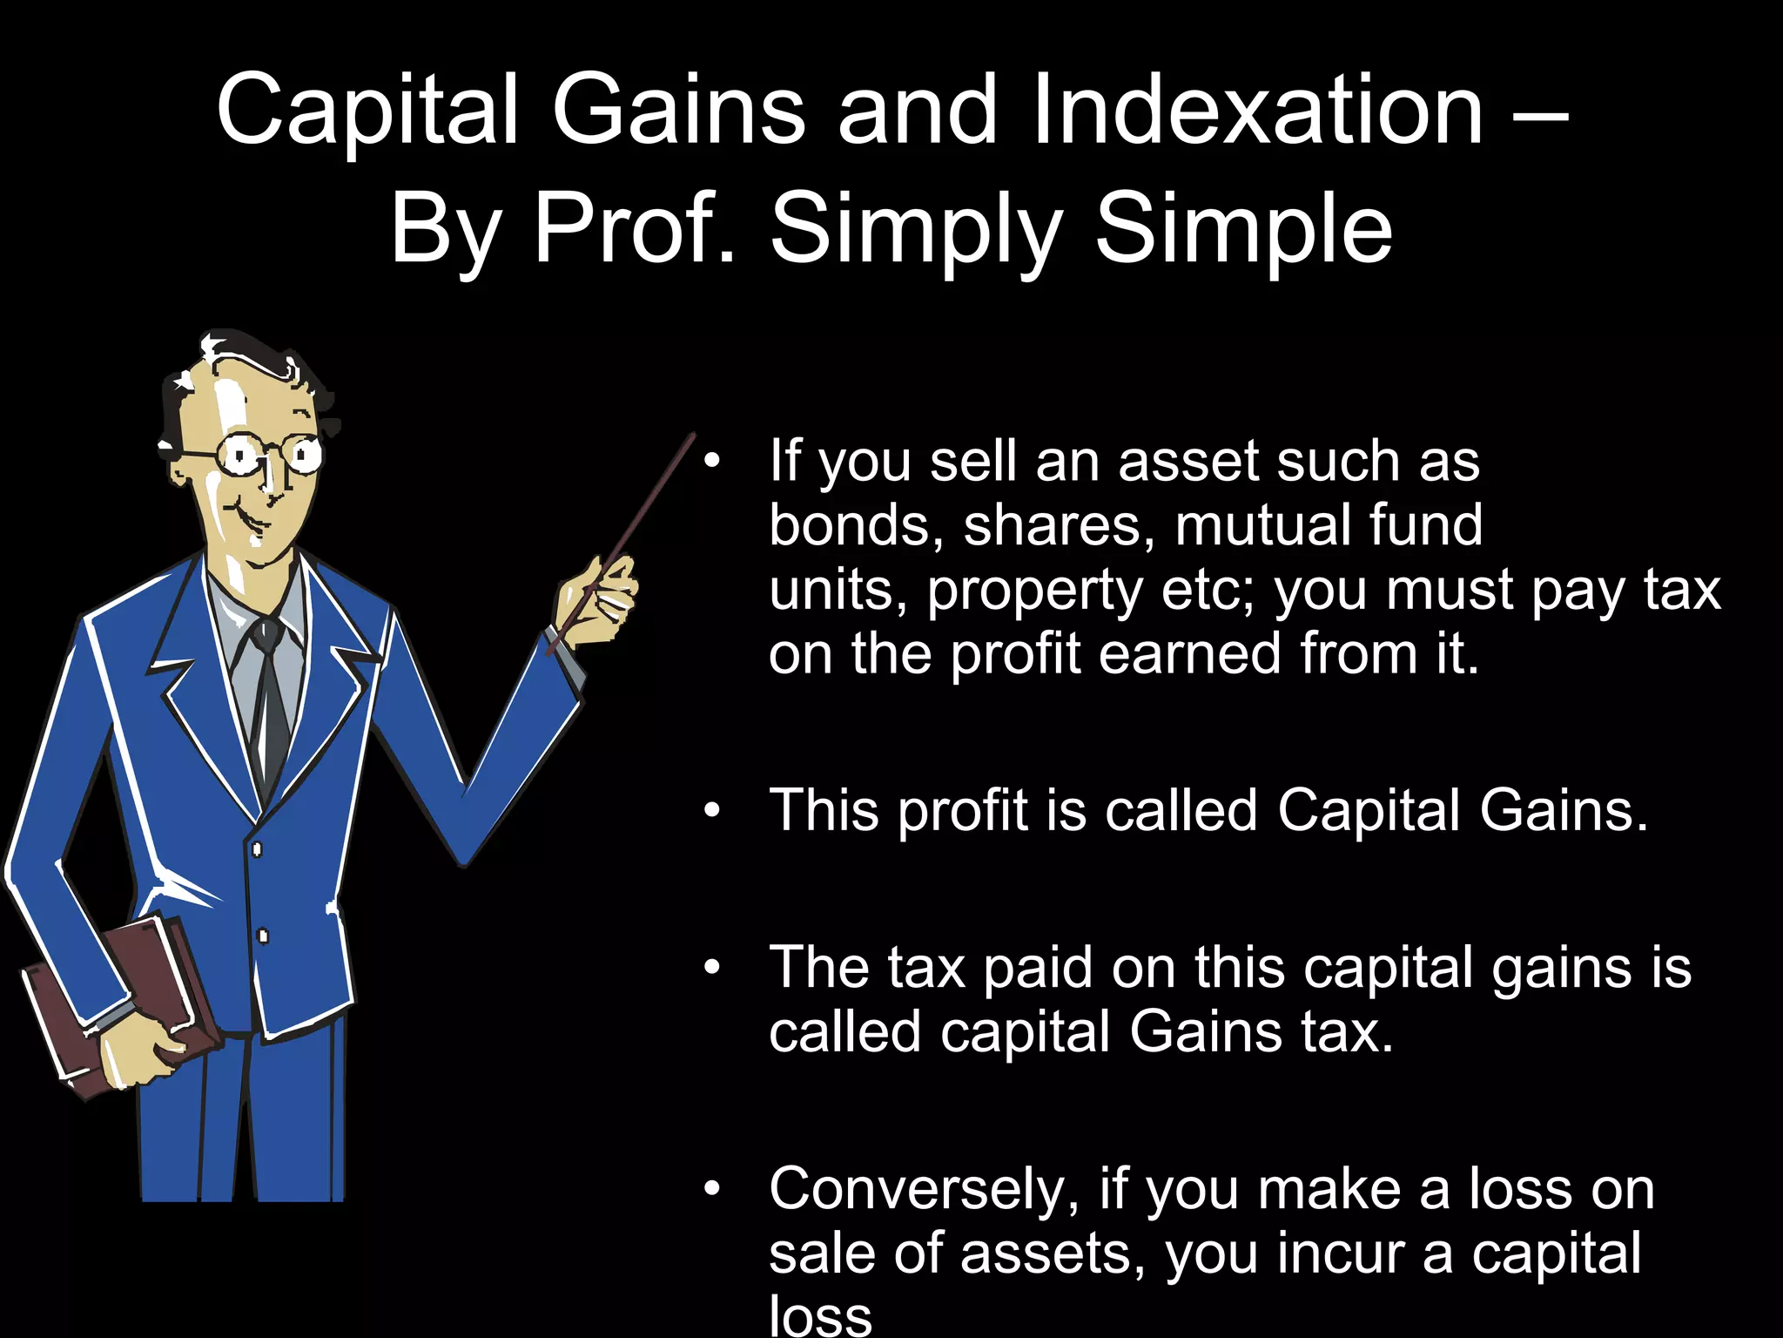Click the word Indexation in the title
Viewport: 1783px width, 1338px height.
click(1257, 111)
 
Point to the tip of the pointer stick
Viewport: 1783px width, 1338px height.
click(692, 435)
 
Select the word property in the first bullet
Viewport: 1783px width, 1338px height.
click(1034, 591)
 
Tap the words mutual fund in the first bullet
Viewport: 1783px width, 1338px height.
click(1328, 525)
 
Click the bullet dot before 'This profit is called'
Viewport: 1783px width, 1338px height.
click(712, 811)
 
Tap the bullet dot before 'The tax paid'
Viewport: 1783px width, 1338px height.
click(712, 968)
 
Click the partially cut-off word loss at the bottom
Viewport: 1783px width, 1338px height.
click(819, 1317)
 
